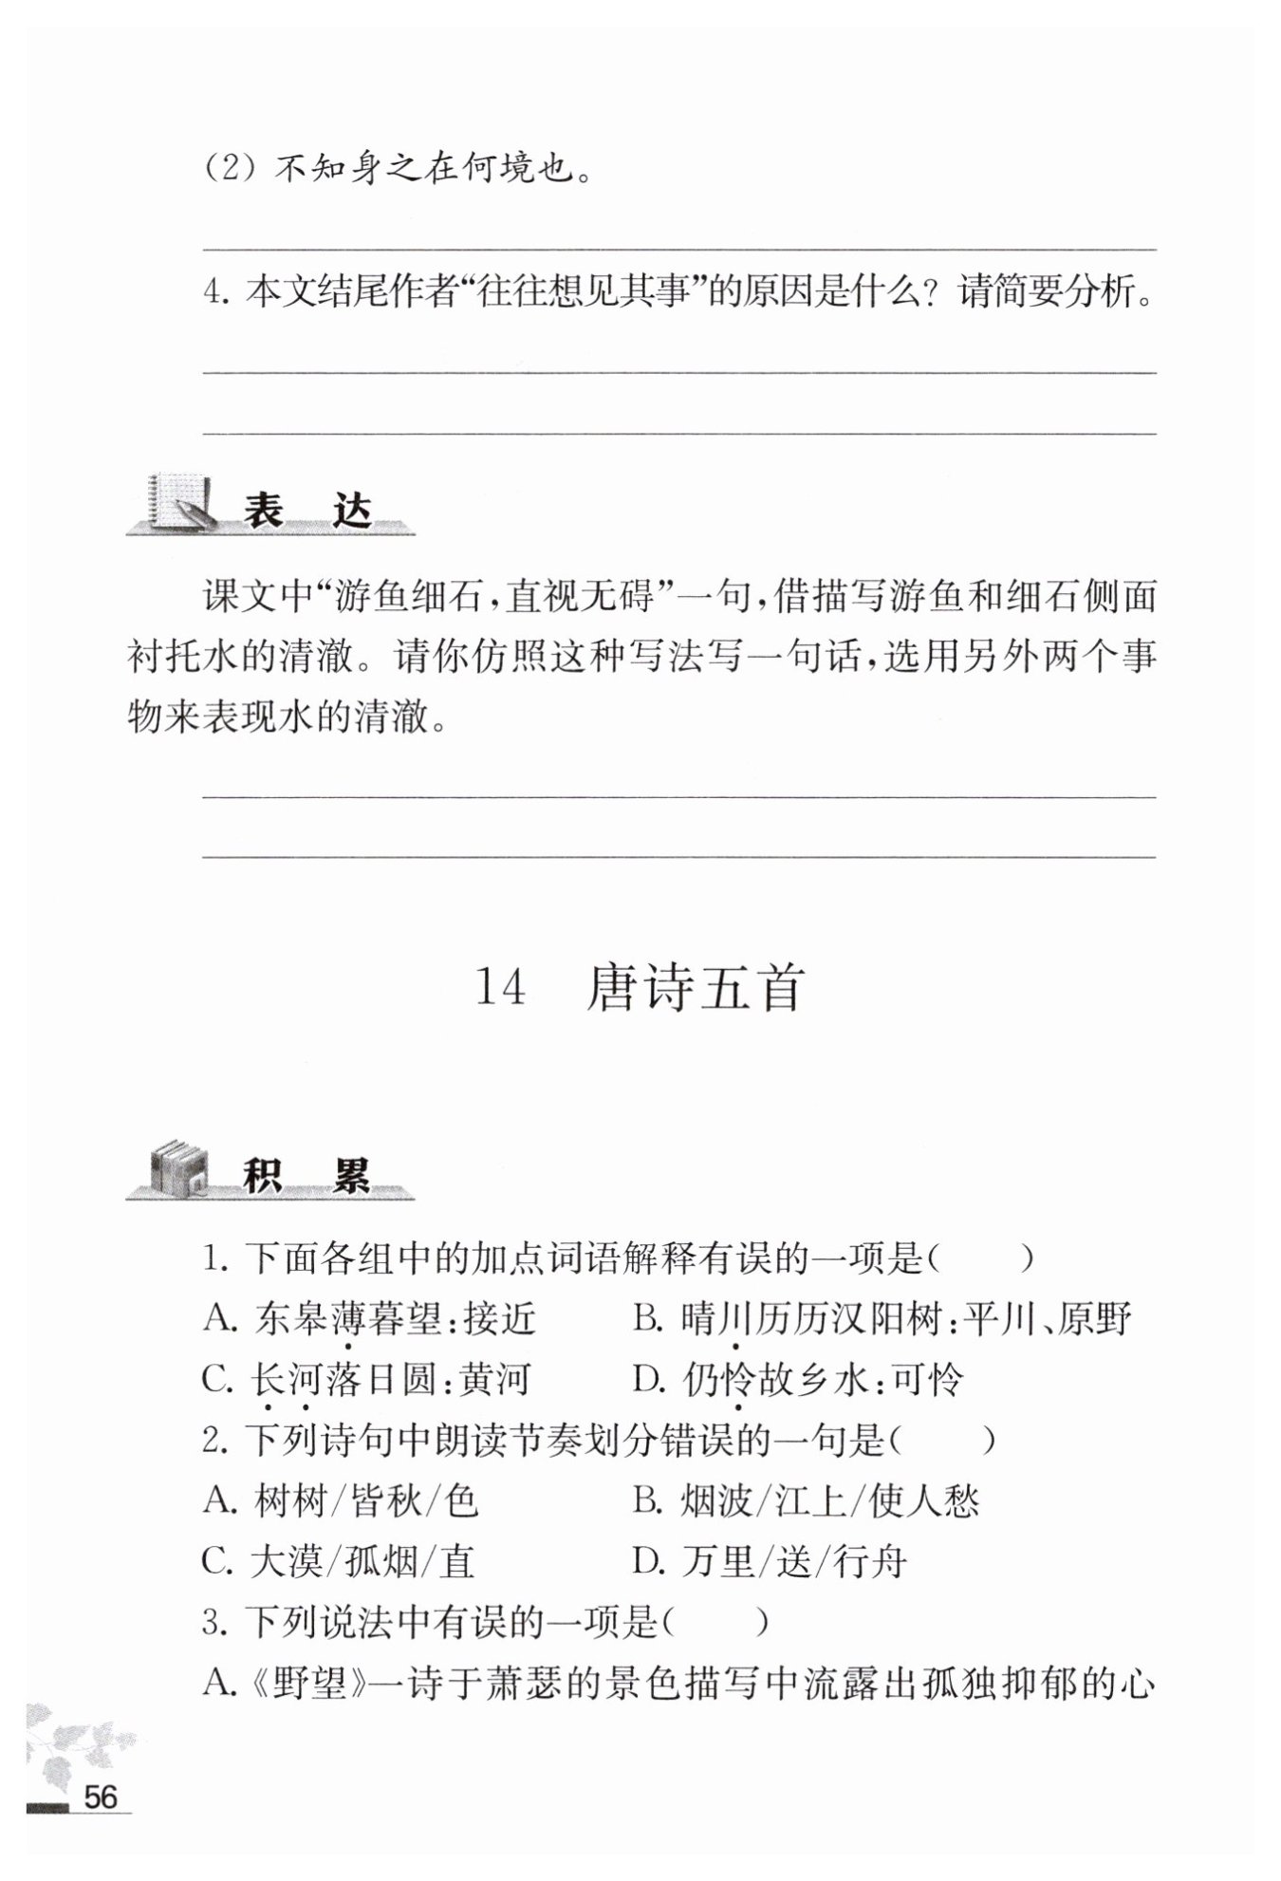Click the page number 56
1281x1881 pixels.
coord(101,1796)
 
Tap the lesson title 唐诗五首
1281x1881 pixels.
coord(696,987)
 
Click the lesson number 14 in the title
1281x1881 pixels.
coord(499,987)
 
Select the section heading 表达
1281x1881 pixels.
coord(306,512)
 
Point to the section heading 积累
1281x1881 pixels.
coord(306,1176)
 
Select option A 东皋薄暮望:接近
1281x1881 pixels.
coord(370,1318)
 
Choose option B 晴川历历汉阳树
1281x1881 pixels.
coord(882,1318)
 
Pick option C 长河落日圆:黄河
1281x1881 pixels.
coord(366,1379)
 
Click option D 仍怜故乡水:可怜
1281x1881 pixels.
coord(798,1379)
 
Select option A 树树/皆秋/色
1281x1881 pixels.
coord(341,1500)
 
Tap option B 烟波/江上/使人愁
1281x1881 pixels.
coord(806,1500)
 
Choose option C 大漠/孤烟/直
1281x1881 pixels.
coord(339,1561)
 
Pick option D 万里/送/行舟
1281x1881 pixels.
coord(770,1561)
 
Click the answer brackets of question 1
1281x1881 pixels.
coord(980,1258)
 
